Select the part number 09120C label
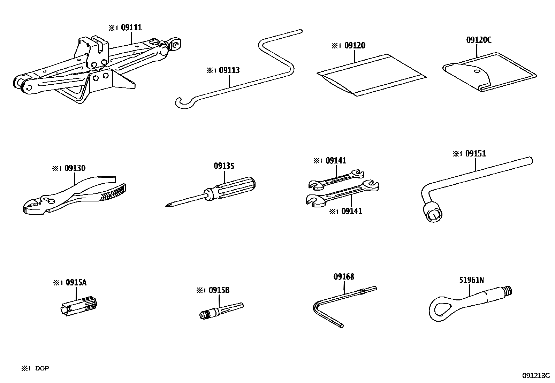tap(479, 40)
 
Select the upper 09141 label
tap(336, 161)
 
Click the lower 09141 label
tap(351, 211)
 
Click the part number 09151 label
tap(476, 154)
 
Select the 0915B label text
tap(219, 290)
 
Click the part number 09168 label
tap(344, 277)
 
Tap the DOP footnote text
tap(42, 368)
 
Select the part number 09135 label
tap(224, 166)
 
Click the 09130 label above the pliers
tap(75, 168)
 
